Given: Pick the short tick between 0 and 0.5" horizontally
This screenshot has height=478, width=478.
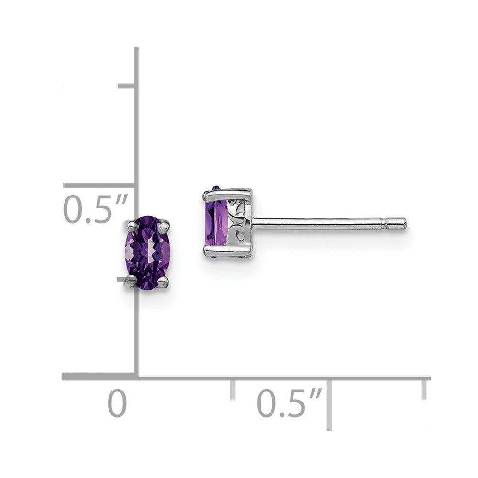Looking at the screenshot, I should pos(233,389).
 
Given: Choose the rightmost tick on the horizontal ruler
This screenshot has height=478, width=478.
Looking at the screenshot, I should pos(424,388).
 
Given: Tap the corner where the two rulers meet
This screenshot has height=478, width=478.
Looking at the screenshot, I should pos(137,377).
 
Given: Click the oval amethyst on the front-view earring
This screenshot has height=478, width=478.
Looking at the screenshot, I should pos(148,252).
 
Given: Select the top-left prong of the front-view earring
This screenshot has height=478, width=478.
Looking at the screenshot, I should pos(130,225).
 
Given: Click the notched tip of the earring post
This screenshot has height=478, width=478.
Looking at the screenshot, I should pos(396,223).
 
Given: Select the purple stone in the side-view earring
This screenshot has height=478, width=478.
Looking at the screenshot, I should pos(217,222).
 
